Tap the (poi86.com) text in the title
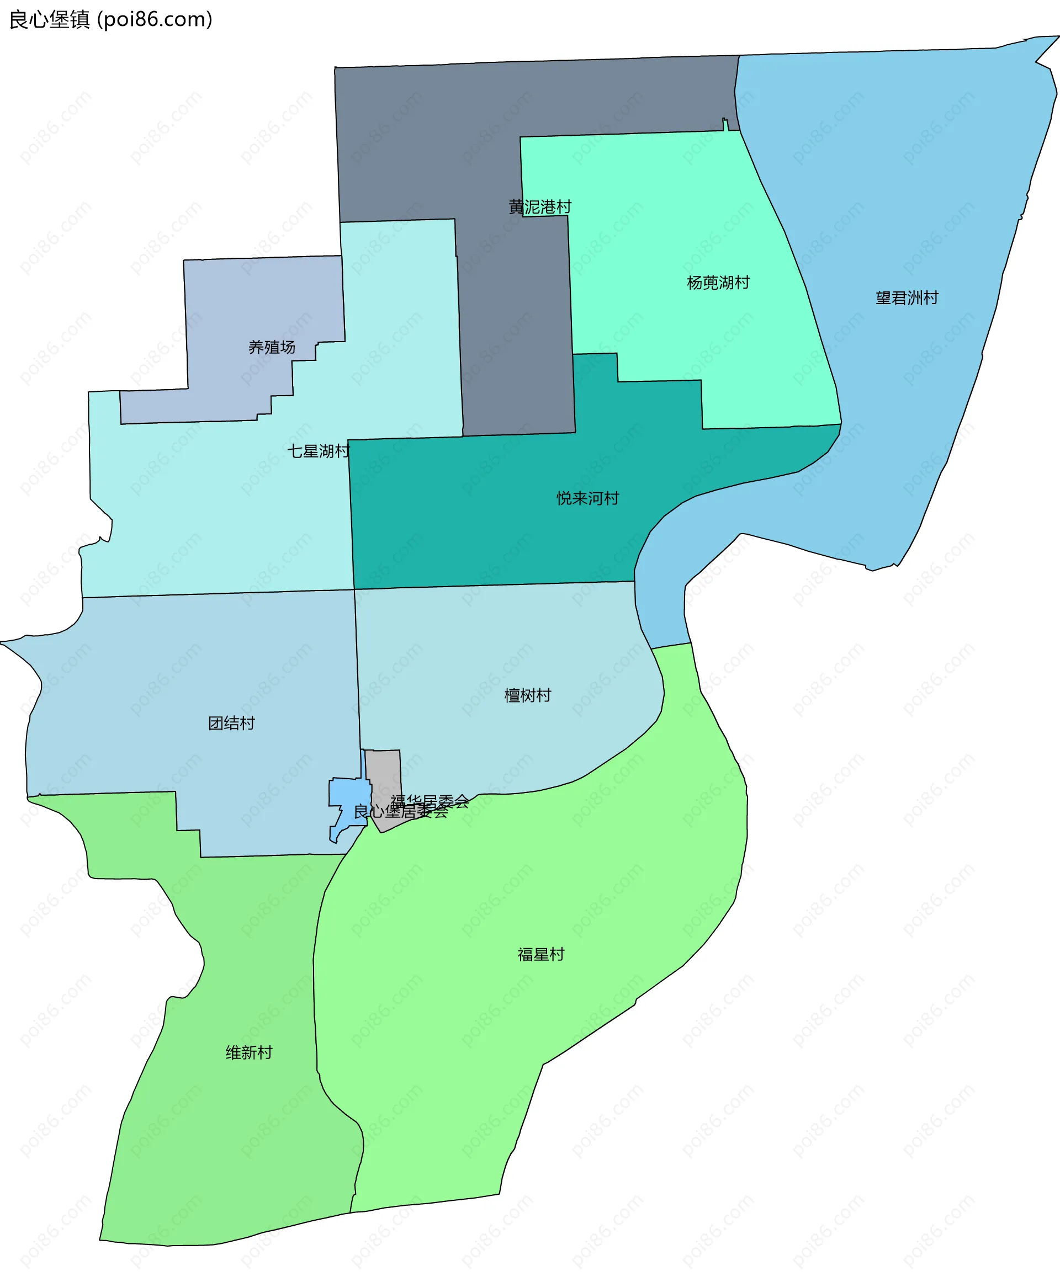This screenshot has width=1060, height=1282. (155, 19)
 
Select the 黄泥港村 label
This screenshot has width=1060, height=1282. (540, 207)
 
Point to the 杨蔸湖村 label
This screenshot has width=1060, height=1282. (718, 283)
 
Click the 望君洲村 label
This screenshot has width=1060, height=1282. (907, 298)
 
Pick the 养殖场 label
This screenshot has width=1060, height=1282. (272, 347)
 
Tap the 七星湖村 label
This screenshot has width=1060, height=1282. (318, 451)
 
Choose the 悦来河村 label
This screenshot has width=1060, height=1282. (587, 498)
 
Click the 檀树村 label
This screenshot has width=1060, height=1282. (528, 695)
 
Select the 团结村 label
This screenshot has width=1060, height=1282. (231, 724)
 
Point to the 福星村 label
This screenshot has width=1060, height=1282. (541, 954)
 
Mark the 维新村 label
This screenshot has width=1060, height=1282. (248, 1052)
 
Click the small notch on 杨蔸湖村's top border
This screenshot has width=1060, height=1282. (725, 124)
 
